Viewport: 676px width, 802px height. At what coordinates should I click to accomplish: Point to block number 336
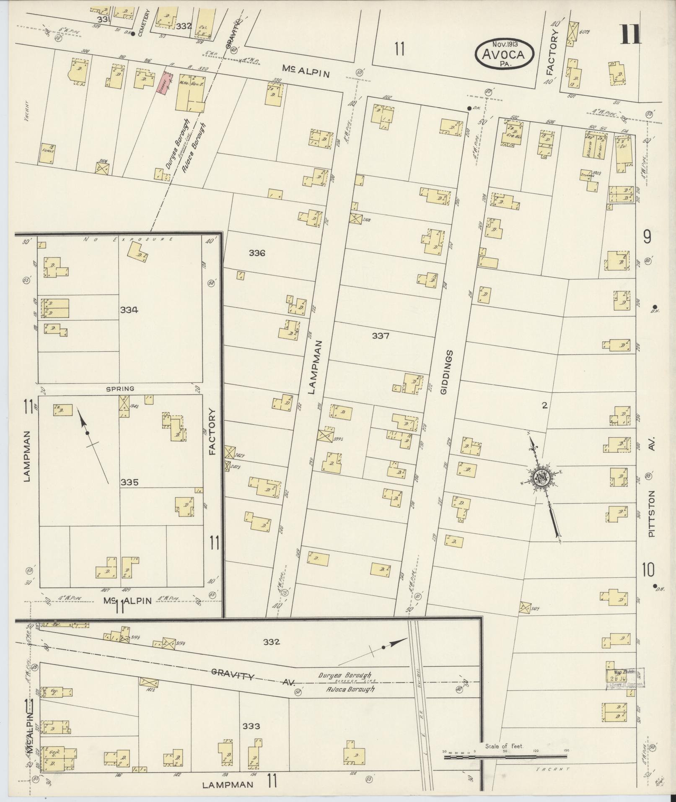coord(257,253)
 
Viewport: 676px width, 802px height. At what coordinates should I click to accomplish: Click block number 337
coord(381,336)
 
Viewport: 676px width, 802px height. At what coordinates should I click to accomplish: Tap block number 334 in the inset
coord(129,310)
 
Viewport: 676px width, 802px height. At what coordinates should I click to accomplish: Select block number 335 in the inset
coord(129,483)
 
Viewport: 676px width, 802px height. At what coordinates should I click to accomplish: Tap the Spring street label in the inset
coord(120,389)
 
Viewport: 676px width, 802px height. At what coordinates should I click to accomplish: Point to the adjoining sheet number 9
coord(647,238)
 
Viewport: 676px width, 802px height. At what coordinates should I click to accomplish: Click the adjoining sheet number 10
coord(648,571)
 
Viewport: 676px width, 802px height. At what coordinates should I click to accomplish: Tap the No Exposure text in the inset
coord(128,239)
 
